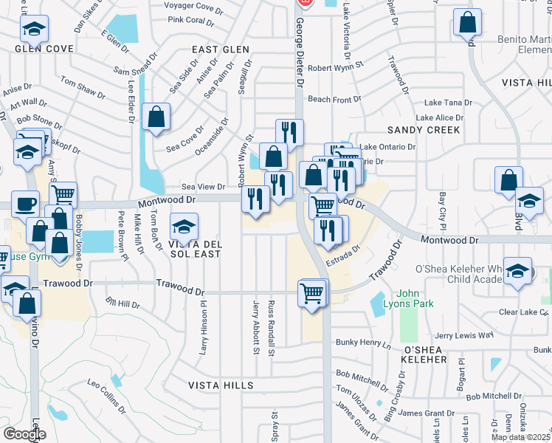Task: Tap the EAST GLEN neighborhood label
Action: (221, 49)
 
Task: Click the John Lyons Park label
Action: (419, 298)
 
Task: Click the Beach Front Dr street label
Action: (334, 99)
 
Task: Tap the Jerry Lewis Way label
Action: (463, 335)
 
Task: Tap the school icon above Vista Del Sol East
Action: (184, 225)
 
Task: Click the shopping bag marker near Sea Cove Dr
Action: (156, 116)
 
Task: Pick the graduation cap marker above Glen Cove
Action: (34, 29)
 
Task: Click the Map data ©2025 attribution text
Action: (521, 437)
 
